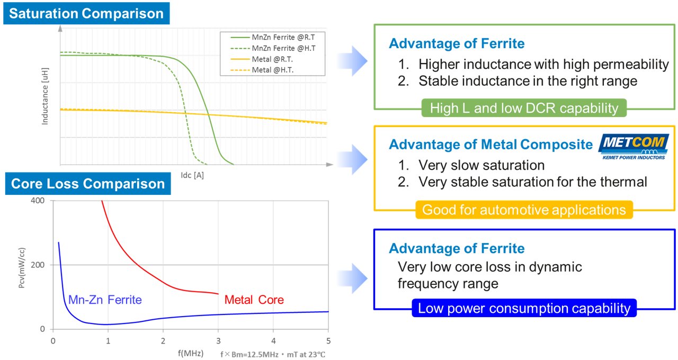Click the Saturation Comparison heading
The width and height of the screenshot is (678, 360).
coord(87,13)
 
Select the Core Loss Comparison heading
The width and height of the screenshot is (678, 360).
coord(88,184)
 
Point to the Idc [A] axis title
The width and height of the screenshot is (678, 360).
coord(192,175)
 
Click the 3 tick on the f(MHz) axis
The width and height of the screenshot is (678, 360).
coord(218,340)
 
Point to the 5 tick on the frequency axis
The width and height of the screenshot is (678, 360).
coord(328,340)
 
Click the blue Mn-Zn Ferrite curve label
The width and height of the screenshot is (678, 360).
coord(105,300)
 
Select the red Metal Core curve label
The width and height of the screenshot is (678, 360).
coord(254,300)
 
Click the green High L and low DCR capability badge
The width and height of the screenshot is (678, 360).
coord(524,109)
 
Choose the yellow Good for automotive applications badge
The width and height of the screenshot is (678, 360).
coord(524,210)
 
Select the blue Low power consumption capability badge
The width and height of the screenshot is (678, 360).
coord(524,308)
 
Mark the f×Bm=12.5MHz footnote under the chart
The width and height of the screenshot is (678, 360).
coord(273,354)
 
